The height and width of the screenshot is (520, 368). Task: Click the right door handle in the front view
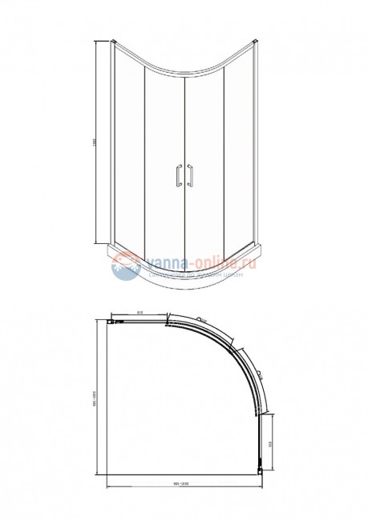click(191, 177)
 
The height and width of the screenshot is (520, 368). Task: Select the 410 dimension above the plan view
click(140, 313)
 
